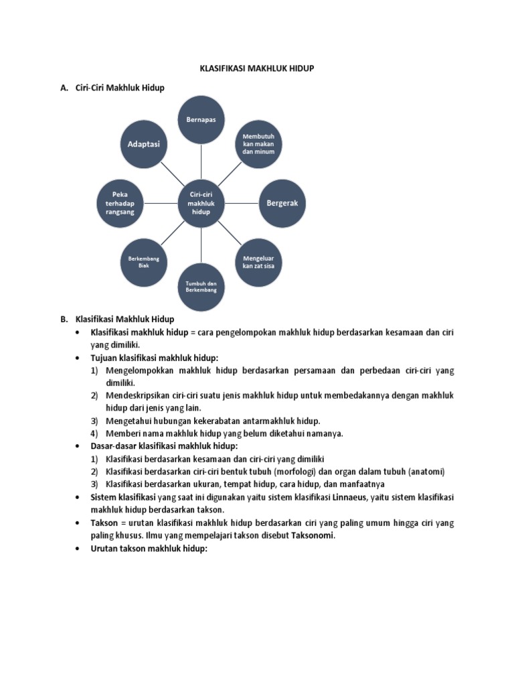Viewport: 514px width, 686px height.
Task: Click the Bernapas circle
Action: (x=201, y=120)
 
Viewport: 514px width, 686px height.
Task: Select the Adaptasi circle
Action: (x=144, y=144)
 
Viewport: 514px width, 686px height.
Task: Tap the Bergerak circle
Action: (x=282, y=202)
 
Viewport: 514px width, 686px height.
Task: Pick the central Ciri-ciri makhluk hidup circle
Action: (x=201, y=202)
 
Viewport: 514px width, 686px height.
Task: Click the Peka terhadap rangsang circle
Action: (x=120, y=202)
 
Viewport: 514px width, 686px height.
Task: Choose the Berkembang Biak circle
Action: (x=144, y=261)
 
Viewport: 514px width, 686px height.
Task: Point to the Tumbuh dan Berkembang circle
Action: (x=201, y=287)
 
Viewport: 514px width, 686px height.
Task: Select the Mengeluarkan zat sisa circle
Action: (x=258, y=261)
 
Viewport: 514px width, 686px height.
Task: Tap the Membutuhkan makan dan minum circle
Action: (x=258, y=144)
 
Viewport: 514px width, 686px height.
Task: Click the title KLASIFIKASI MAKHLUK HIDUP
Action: (x=258, y=68)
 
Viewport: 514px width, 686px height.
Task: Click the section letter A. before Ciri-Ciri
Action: (x=64, y=88)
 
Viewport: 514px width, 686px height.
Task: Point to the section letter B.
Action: (x=64, y=319)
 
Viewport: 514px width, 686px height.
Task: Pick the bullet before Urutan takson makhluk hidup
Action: (x=79, y=549)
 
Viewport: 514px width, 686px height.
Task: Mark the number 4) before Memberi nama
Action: (x=95, y=433)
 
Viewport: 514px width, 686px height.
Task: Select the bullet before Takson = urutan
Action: (x=79, y=523)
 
